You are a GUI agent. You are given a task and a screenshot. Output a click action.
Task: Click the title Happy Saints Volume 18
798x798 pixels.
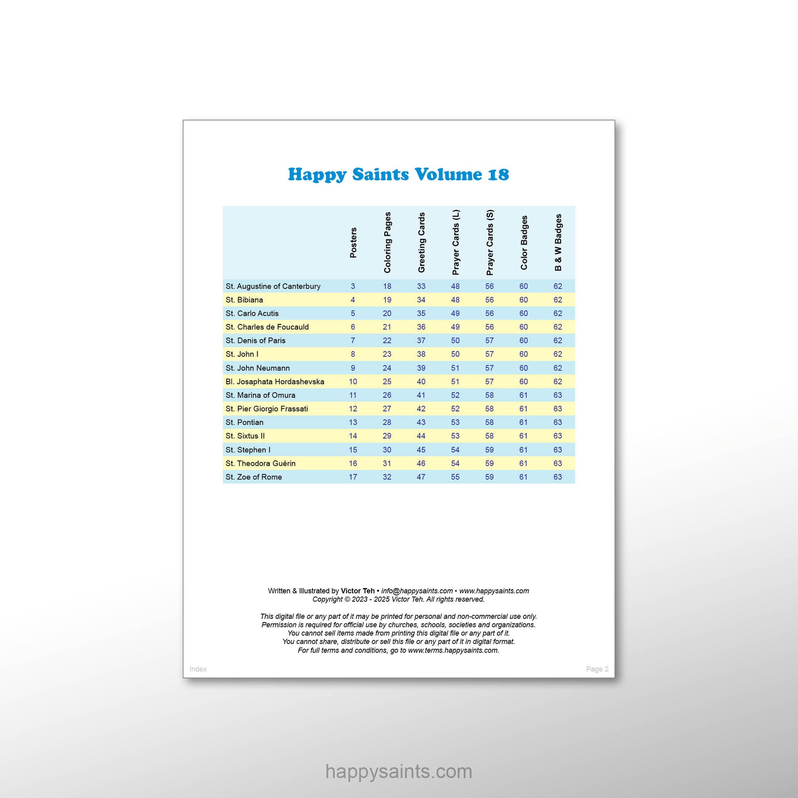click(x=398, y=174)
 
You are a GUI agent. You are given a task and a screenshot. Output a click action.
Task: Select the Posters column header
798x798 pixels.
click(x=353, y=243)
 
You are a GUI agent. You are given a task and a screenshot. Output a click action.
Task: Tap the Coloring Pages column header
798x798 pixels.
click(x=387, y=242)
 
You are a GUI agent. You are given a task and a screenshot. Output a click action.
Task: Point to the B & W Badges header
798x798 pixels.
click(x=558, y=242)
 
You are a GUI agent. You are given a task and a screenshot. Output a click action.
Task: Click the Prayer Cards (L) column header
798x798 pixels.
click(x=455, y=242)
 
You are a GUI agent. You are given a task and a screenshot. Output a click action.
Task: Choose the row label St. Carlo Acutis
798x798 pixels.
click(x=252, y=313)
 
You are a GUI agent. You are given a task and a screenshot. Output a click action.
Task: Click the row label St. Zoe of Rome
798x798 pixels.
click(x=253, y=477)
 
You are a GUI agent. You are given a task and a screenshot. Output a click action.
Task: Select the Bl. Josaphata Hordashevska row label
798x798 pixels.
click(x=275, y=382)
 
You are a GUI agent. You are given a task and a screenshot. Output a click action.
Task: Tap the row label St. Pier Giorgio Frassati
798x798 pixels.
click(x=267, y=409)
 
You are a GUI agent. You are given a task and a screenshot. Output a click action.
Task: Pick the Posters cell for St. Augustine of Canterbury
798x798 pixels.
click(x=353, y=286)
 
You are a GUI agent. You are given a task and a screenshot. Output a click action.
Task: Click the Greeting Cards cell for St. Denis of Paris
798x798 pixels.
click(x=421, y=341)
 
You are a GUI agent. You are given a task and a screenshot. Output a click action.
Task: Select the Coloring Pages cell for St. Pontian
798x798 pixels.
click(x=387, y=422)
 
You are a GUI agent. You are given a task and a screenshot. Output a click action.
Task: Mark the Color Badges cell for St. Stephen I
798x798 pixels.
click(x=523, y=450)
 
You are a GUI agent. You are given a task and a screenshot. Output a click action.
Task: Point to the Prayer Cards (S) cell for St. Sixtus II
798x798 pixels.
click(x=489, y=436)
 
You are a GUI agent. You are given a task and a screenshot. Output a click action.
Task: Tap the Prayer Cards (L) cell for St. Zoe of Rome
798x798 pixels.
click(x=455, y=477)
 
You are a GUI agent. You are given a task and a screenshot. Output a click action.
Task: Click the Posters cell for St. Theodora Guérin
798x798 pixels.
click(x=353, y=463)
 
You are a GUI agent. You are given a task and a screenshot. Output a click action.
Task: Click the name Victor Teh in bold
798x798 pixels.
click(x=357, y=591)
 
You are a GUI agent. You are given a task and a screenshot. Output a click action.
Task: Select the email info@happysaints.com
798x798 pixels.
click(x=417, y=591)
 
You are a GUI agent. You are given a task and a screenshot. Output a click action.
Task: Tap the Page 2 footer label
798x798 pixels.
click(x=597, y=669)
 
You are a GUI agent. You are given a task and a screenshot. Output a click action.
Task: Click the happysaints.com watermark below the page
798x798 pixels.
click(x=399, y=772)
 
